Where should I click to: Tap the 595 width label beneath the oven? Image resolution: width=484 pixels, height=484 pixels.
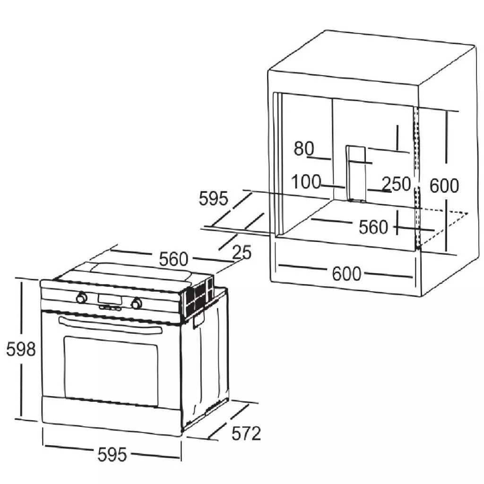coord(112,455)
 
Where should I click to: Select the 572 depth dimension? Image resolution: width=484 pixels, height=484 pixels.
coord(246,433)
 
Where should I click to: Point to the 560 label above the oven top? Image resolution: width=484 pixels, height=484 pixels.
coord(173,259)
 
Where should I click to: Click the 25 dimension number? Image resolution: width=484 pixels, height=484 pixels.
coord(242,253)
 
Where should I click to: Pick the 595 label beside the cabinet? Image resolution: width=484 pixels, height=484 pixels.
coord(213,199)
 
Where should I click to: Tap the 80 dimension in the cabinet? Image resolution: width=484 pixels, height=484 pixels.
coord(304,148)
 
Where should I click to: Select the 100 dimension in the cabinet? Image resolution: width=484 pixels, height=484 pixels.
coord(306,182)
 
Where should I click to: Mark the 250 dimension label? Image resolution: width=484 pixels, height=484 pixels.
coord(396,184)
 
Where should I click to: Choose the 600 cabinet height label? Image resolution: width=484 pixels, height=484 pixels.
coord(444,186)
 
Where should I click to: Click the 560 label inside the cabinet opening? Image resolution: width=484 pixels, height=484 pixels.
coord(373,227)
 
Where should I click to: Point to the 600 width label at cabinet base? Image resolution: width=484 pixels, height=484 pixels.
coord(346,274)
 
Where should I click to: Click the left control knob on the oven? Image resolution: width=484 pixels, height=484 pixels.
coord(81,298)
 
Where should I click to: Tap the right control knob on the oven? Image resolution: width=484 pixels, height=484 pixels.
coord(137,303)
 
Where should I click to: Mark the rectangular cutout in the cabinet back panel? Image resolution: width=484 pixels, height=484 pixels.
coord(355,173)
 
